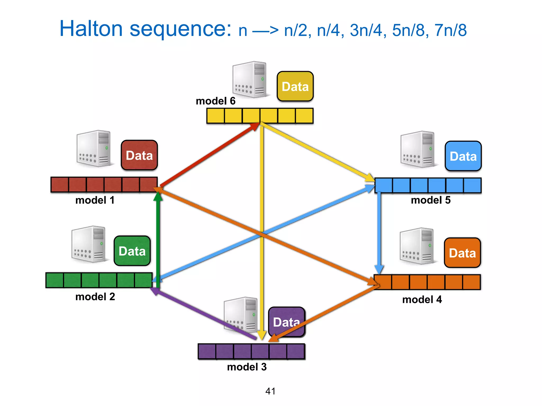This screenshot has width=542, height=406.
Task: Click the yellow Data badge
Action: point(295,86)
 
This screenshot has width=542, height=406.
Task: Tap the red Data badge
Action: point(139,155)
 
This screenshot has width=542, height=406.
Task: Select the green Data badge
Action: point(132,251)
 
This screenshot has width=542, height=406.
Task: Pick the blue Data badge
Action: point(463,156)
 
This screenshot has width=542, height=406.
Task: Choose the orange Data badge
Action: point(462,253)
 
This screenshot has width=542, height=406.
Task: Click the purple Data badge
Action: point(286,322)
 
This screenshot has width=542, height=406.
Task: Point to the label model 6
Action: point(215,101)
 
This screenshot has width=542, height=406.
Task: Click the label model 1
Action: point(95,200)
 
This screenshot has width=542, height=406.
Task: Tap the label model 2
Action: point(95,297)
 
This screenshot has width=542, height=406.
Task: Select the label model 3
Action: point(247,367)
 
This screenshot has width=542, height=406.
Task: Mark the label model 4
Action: point(422,299)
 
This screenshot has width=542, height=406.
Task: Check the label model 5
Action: point(431,200)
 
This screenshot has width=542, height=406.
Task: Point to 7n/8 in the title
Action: point(450,30)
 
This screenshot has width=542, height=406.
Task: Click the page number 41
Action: point(270,391)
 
